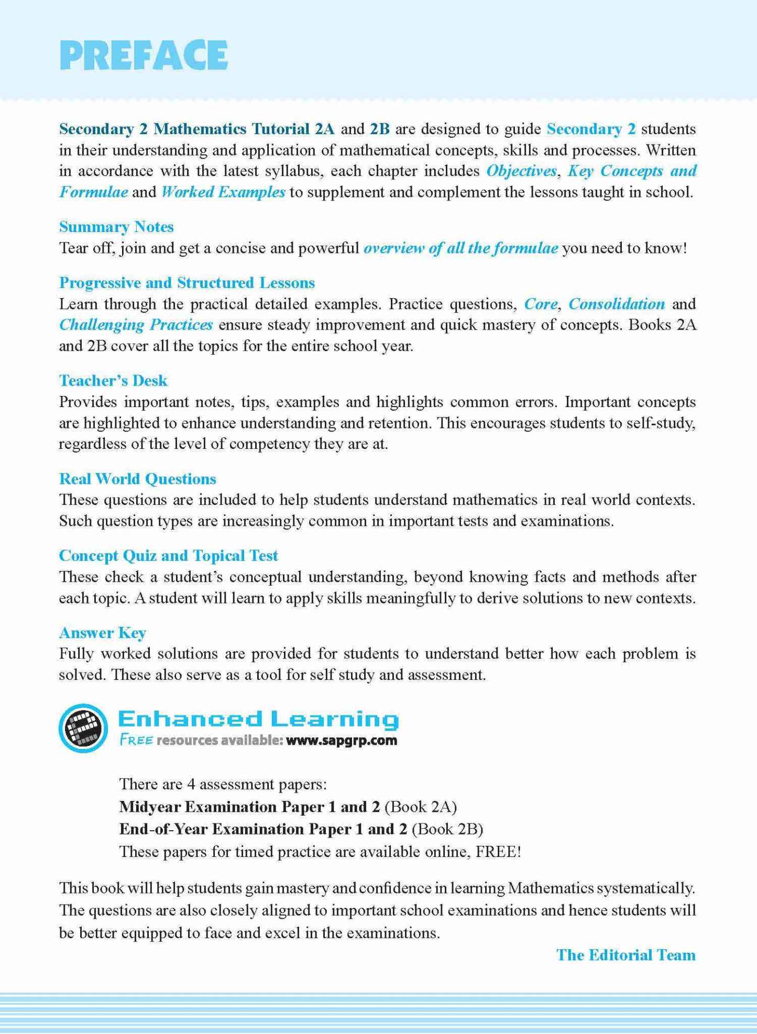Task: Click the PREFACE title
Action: [x=144, y=55]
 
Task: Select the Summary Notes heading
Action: [x=116, y=227]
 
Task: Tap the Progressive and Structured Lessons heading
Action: [x=186, y=283]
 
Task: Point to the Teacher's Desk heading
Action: [x=113, y=381]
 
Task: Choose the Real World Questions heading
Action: [x=137, y=479]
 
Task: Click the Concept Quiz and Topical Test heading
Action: [x=168, y=556]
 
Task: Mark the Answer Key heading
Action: [x=102, y=633]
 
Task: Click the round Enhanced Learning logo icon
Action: [x=83, y=728]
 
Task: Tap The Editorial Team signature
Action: [x=626, y=955]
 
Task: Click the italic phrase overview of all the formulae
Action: [x=460, y=248]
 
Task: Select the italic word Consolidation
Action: [x=617, y=304]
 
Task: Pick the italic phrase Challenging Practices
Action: [x=136, y=325]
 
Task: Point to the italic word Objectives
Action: [x=521, y=171]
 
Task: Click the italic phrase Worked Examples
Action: [x=223, y=192]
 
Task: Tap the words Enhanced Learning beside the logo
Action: [x=258, y=719]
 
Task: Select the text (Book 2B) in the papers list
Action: [x=447, y=829]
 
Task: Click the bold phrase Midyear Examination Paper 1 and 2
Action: [x=249, y=806]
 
